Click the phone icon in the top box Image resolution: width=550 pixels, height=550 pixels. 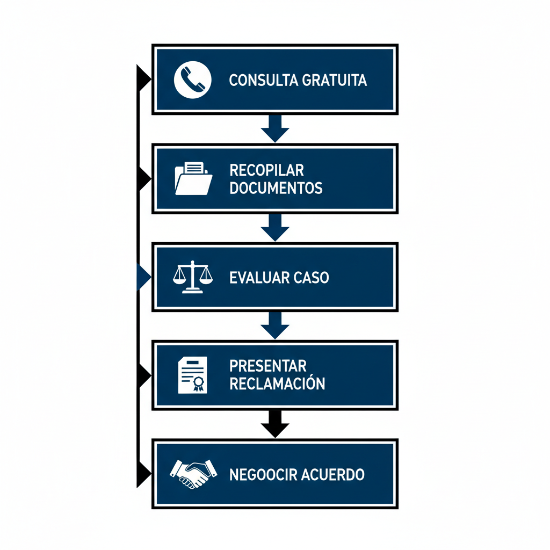tap(193, 80)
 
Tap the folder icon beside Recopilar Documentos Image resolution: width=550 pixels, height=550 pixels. tap(193, 178)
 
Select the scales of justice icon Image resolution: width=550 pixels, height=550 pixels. tap(193, 277)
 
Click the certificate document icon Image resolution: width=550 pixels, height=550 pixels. tap(192, 374)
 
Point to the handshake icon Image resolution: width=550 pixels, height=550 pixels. tap(193, 473)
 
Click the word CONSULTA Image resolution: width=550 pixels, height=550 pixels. tap(263, 81)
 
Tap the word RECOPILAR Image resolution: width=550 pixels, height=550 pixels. tap(266, 170)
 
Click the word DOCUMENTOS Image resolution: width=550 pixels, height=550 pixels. tap(276, 188)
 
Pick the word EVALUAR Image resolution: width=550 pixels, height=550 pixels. tap(259, 278)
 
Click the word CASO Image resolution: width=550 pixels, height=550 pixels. tap(312, 278)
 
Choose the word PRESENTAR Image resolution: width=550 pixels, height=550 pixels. tap(267, 366)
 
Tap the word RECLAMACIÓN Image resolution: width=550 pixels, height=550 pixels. tap(277, 383)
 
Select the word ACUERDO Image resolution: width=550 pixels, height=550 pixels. tap(331, 475)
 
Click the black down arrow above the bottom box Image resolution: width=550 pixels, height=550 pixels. tap(275, 424)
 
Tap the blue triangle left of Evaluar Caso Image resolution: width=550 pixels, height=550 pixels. tap(143, 277)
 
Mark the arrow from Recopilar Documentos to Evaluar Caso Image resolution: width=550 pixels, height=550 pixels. tap(275, 227)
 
